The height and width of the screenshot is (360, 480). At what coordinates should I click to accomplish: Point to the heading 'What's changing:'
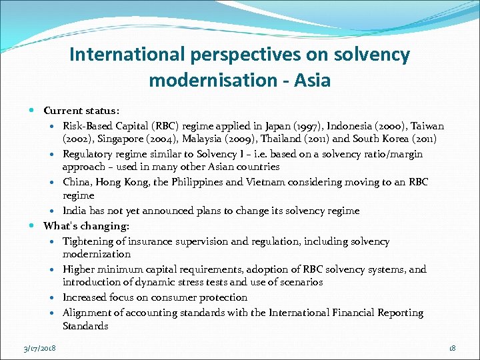[x=86, y=226]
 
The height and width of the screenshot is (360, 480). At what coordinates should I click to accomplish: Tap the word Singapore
[x=127, y=139]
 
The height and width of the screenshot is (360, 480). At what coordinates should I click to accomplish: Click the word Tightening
[x=88, y=241]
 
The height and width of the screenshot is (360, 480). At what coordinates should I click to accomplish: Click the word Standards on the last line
[x=85, y=326]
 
